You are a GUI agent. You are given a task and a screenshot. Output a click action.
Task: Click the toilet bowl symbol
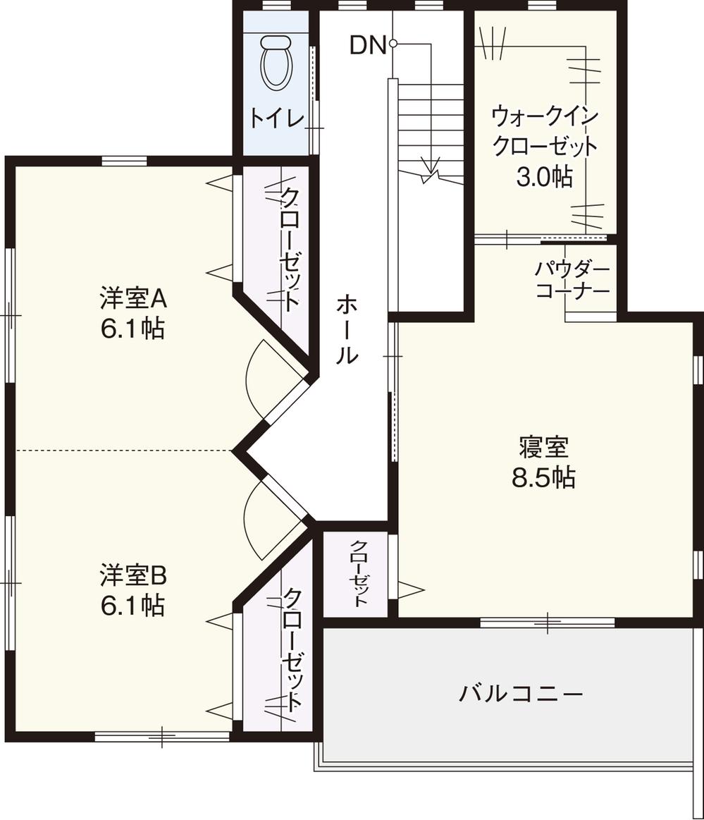276,63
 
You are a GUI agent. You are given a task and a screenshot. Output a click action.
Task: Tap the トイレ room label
276,118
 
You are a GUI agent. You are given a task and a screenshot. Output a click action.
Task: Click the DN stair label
368,46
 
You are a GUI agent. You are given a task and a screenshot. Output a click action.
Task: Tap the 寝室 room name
543,447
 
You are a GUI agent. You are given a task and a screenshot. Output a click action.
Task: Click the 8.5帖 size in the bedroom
543,477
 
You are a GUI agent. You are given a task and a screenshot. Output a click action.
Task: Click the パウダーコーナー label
572,280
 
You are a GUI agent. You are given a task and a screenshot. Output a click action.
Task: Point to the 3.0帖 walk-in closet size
544,177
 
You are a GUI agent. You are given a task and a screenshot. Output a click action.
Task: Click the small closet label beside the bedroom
358,574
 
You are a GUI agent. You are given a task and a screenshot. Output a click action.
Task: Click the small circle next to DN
393,44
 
